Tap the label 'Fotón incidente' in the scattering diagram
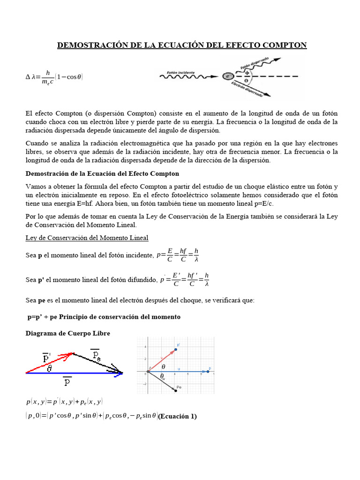click(180, 73)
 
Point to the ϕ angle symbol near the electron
click(247, 72)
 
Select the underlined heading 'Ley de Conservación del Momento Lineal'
click(87, 238)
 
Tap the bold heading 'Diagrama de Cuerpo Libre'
click(67, 333)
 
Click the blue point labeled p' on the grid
click(175, 349)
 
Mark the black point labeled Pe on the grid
click(176, 390)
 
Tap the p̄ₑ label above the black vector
click(96, 355)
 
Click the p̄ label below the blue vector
click(67, 382)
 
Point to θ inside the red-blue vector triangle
click(49, 368)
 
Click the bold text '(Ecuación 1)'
click(178, 416)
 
